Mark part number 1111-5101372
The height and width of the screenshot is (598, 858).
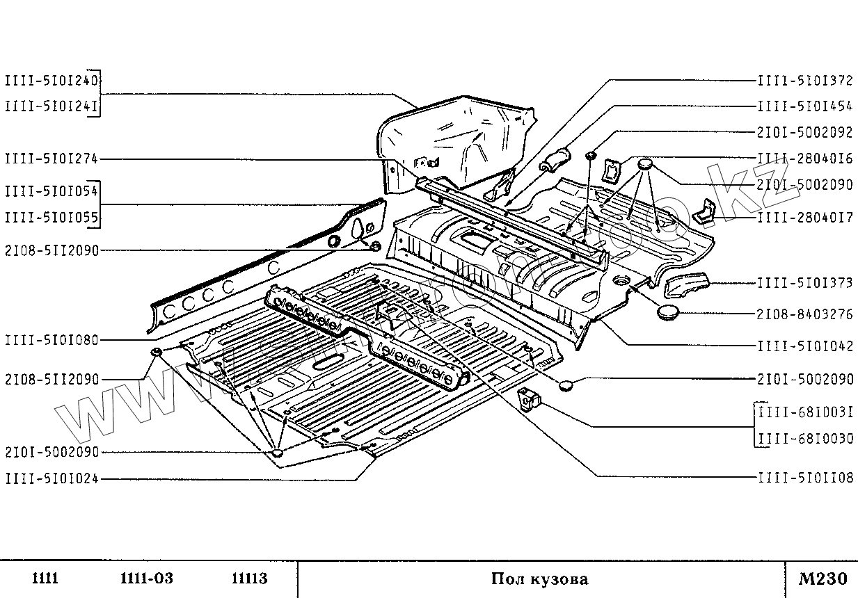[x=805, y=81]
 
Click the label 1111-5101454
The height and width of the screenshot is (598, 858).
[x=805, y=106]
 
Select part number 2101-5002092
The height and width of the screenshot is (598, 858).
[x=805, y=132]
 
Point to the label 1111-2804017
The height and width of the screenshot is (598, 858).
[x=805, y=217]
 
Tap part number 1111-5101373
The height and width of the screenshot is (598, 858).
[x=805, y=282]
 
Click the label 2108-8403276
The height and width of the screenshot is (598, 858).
[x=805, y=314]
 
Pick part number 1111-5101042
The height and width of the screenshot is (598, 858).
[x=805, y=346]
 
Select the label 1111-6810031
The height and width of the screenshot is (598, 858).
[x=805, y=412]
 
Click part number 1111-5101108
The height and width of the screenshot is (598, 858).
[x=805, y=478]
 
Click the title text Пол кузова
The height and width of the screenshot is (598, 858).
[x=539, y=579]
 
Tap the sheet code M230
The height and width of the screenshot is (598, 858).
[x=823, y=579]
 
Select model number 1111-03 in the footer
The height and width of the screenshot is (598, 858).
[x=146, y=579]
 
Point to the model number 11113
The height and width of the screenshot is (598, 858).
[x=249, y=579]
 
